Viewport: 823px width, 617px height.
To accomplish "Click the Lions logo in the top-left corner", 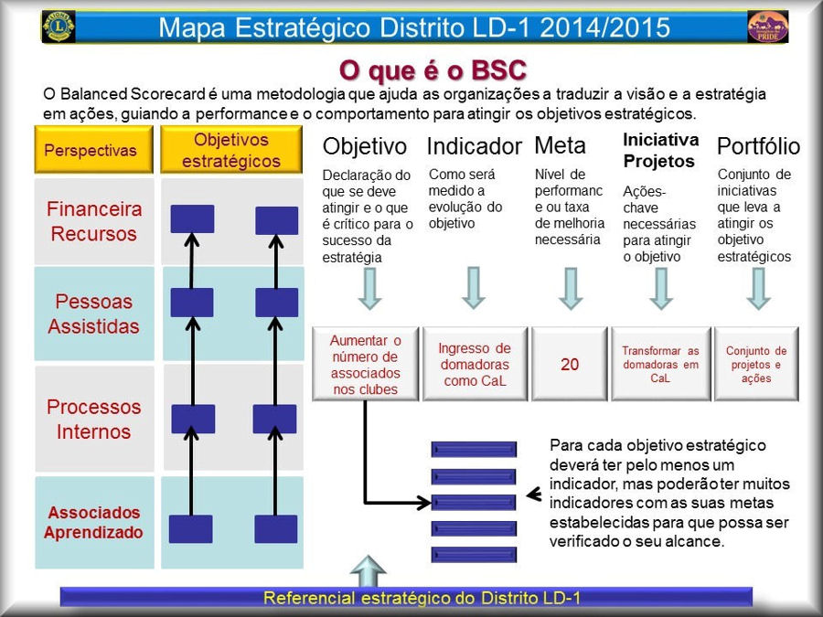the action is pyautogui.click(x=59, y=27).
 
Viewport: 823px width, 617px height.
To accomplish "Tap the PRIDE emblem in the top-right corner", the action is pyautogui.click(x=767, y=27).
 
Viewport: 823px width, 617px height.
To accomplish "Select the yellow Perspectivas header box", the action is pyautogui.click(x=94, y=150).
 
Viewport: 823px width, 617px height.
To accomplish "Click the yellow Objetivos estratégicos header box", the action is pyautogui.click(x=231, y=150).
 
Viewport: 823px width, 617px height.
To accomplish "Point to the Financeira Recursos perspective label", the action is pyautogui.click(x=94, y=221).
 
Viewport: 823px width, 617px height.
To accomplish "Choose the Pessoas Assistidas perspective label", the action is pyautogui.click(x=94, y=314).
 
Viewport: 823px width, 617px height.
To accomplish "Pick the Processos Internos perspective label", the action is pyautogui.click(x=94, y=420).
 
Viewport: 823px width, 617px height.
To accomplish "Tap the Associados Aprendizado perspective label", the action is pyautogui.click(x=94, y=523).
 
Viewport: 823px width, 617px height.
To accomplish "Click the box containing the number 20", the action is pyautogui.click(x=570, y=364).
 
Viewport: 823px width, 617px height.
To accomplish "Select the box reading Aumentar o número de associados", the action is pyautogui.click(x=365, y=364).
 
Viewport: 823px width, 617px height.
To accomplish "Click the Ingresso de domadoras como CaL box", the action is pyautogui.click(x=475, y=364).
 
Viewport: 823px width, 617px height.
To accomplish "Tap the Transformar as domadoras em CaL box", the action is pyautogui.click(x=661, y=364).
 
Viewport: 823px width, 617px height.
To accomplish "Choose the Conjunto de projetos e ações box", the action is pyautogui.click(x=756, y=364).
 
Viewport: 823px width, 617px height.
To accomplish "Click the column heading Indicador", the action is pyautogui.click(x=474, y=146).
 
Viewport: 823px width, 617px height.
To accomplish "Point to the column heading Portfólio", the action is pyautogui.click(x=758, y=146).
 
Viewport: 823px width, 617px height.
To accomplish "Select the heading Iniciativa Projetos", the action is pyautogui.click(x=661, y=150).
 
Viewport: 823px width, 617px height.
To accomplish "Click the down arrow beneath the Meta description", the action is pyautogui.click(x=571, y=289).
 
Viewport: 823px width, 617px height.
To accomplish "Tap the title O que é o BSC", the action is pyautogui.click(x=433, y=70).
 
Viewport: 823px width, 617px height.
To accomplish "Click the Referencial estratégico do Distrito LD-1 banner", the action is pyautogui.click(x=406, y=597).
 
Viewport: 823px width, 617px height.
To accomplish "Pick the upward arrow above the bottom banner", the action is pyautogui.click(x=368, y=571).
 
